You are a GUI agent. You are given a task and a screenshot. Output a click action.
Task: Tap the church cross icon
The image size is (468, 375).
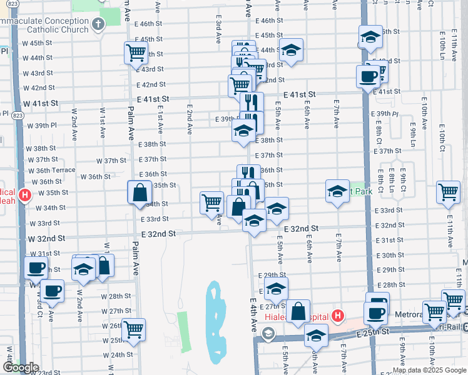(98, 25)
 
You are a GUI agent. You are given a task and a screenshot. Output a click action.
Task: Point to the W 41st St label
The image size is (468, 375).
(41, 102)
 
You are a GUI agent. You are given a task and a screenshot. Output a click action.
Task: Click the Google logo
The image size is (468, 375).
(21, 367)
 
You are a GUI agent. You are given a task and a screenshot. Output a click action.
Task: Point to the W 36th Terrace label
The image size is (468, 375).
(55, 170)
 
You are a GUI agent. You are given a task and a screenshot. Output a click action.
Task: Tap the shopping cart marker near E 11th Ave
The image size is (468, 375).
(448, 193)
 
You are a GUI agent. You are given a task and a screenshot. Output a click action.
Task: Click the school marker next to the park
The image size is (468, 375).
(337, 191)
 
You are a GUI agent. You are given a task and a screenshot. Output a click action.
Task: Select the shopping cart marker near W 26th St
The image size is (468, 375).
(133, 329)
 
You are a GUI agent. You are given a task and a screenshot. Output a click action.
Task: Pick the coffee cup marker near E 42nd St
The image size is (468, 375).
(368, 77)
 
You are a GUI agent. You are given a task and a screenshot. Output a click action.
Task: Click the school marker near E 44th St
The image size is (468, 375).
(291, 52)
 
